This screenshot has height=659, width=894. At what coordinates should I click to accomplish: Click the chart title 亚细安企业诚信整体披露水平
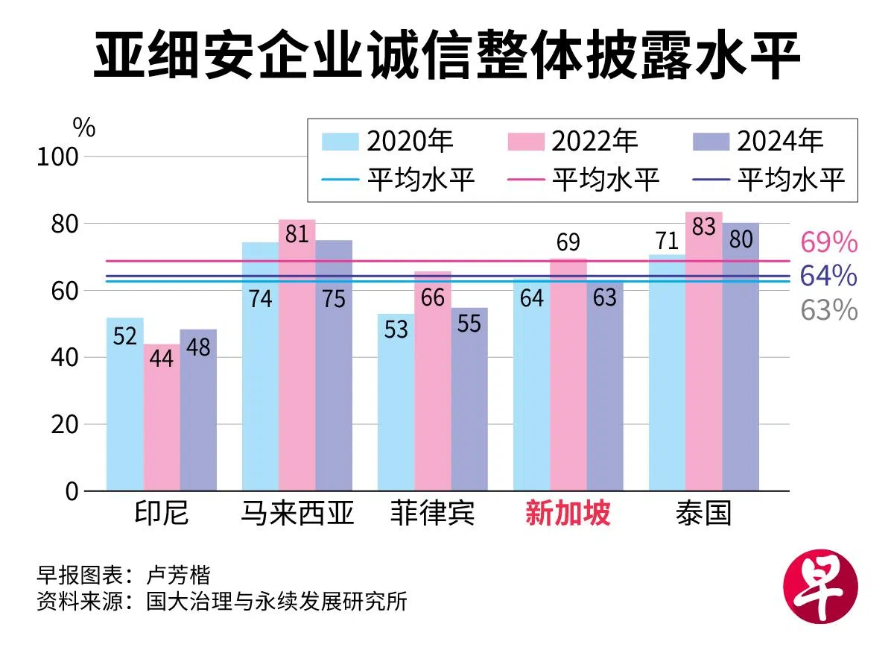(446, 57)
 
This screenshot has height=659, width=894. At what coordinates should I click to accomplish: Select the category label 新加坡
(568, 513)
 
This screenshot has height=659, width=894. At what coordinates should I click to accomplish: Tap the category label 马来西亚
(297, 513)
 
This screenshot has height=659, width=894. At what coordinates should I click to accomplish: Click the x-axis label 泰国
(703, 513)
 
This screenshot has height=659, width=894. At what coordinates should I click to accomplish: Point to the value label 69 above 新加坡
(568, 243)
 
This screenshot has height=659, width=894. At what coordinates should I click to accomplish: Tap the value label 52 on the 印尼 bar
(124, 336)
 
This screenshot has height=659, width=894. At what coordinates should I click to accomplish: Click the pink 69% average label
(828, 243)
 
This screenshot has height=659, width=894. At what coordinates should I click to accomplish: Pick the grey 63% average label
(828, 310)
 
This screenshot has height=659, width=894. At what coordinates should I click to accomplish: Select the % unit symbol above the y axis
(84, 128)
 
